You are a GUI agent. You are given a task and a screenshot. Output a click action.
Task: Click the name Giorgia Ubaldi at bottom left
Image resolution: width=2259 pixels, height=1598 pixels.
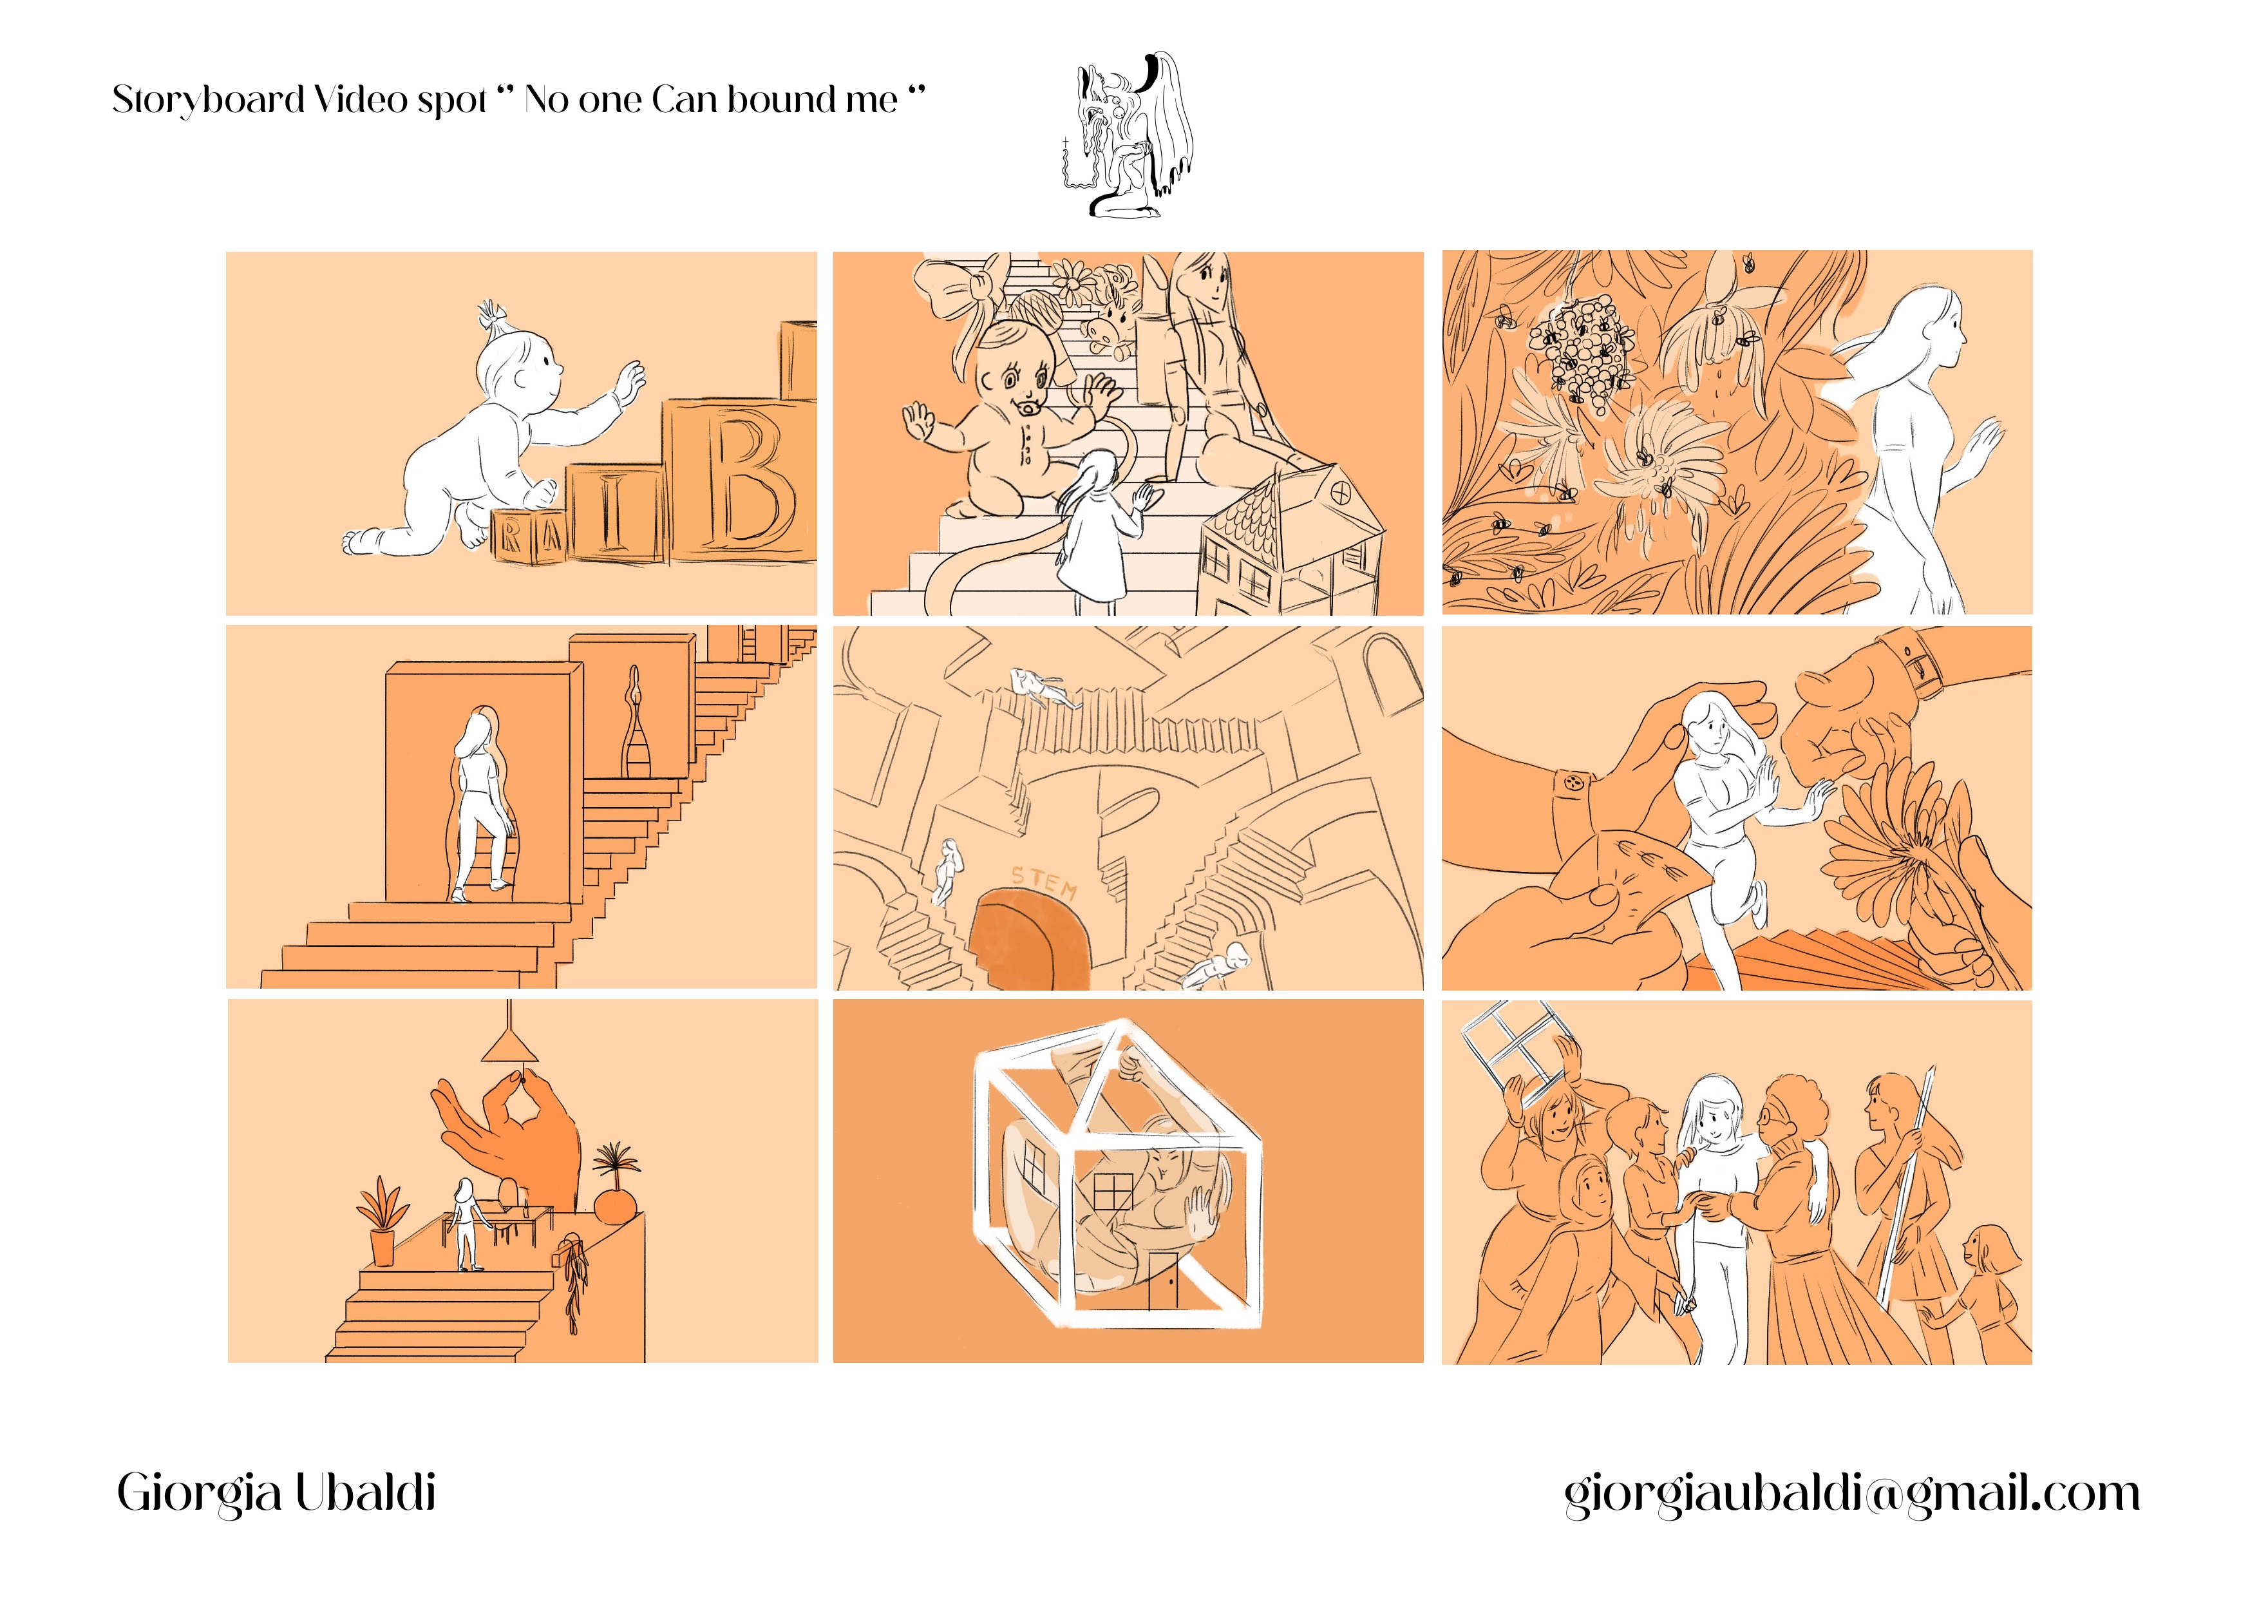point(276,1493)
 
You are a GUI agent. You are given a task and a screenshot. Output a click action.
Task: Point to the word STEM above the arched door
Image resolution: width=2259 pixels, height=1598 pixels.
point(1044,880)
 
